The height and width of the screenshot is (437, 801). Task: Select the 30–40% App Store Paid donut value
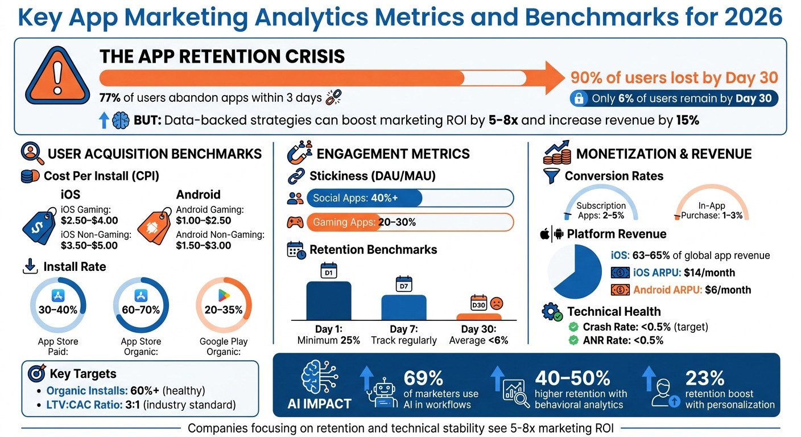pyautogui.click(x=57, y=310)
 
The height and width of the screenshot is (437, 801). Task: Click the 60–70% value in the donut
pyautogui.click(x=141, y=310)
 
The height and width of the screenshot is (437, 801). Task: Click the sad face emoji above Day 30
pyautogui.click(x=496, y=302)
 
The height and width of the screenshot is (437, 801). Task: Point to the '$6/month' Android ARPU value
pyautogui.click(x=728, y=290)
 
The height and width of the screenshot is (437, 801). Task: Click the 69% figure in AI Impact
pyautogui.click(x=423, y=378)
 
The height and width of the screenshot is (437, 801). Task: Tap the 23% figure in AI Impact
pyautogui.click(x=705, y=378)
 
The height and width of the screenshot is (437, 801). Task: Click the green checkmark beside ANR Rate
pyautogui.click(x=574, y=340)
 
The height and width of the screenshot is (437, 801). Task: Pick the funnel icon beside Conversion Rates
pyautogui.click(x=552, y=176)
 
